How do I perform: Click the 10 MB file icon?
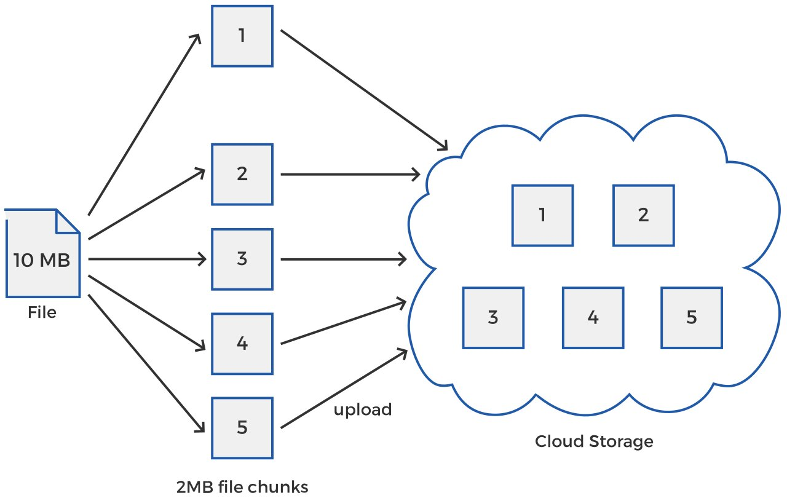click(42, 258)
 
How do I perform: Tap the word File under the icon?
click(42, 313)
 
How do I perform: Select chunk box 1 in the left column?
click(242, 36)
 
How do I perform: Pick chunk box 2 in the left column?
click(242, 174)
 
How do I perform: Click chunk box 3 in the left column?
click(242, 259)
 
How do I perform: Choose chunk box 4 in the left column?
click(242, 343)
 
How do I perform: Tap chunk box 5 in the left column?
click(242, 427)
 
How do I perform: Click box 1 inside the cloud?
click(542, 215)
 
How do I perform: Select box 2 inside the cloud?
click(643, 215)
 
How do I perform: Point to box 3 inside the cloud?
click(493, 317)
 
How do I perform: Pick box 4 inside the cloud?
click(593, 317)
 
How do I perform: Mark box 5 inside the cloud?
click(692, 317)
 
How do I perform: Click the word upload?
click(363, 409)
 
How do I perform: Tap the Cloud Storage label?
click(593, 441)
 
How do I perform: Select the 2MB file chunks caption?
click(242, 488)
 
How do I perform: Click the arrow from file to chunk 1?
click(144, 123)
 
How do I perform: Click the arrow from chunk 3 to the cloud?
click(344, 259)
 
